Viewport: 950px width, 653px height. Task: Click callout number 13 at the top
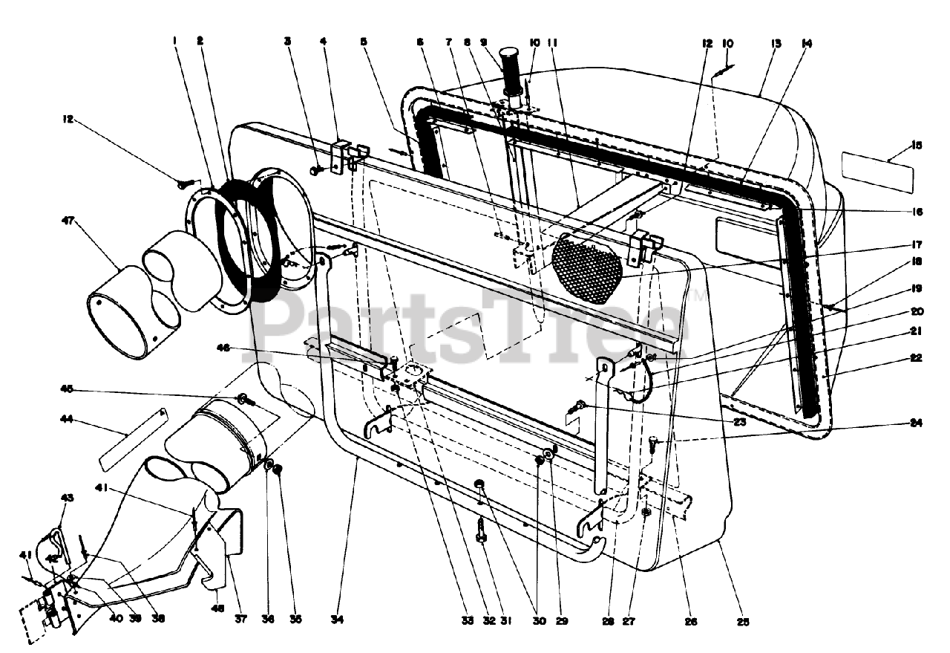tap(776, 44)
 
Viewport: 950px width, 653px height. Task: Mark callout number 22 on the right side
tap(916, 358)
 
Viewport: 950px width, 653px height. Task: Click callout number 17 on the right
tap(917, 244)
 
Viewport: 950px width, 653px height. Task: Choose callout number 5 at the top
tap(364, 42)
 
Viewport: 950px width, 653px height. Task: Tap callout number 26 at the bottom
tap(691, 621)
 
